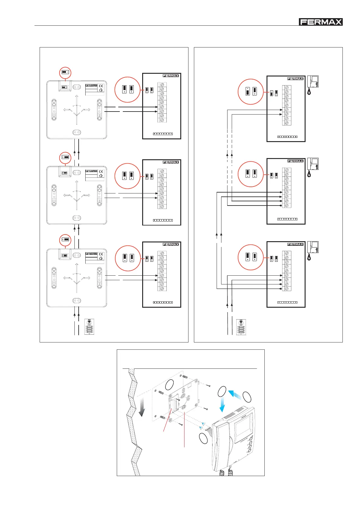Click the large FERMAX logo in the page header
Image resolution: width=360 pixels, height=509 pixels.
[320, 22]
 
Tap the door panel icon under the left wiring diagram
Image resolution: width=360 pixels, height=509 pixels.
[89, 327]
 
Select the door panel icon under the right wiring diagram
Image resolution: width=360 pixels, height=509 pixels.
[241, 327]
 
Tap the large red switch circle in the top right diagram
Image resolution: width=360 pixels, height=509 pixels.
[250, 92]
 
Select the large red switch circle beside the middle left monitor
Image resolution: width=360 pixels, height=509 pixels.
[128, 176]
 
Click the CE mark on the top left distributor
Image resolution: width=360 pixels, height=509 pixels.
[101, 86]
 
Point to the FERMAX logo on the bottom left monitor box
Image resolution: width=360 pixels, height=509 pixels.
[171, 244]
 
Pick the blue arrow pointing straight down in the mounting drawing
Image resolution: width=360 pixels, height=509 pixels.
[222, 405]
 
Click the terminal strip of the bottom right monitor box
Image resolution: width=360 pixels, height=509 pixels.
[286, 271]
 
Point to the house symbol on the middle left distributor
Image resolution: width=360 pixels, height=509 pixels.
[101, 175]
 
